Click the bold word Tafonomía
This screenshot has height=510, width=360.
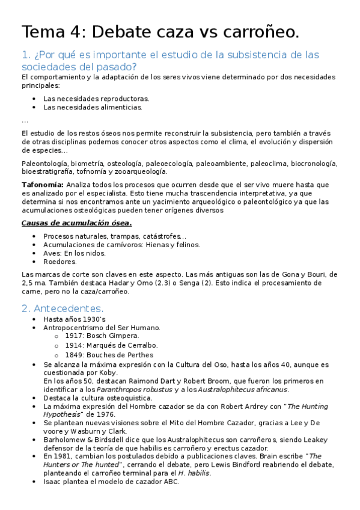click(x=41, y=185)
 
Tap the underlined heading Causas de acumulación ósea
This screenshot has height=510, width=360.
click(x=76, y=223)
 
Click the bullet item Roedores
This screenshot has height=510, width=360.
click(x=60, y=262)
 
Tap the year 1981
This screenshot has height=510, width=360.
click(x=64, y=456)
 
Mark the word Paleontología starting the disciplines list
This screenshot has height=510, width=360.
click(x=44, y=163)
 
